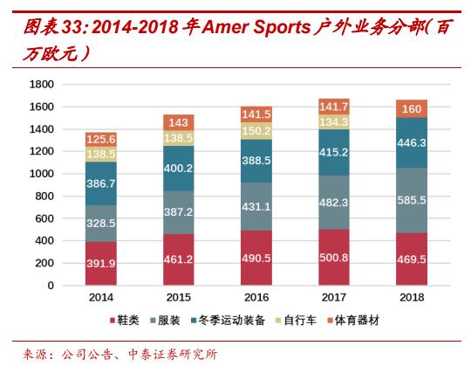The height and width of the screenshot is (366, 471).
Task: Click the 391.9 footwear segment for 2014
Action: click(x=101, y=264)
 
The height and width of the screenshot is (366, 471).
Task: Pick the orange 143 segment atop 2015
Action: click(x=178, y=123)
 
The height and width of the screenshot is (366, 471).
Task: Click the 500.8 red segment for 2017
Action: click(x=333, y=258)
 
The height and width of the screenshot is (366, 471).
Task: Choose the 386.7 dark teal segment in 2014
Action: click(x=101, y=184)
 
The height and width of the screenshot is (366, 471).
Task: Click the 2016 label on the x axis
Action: click(x=256, y=298)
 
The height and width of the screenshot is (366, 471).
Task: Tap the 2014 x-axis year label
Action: click(x=101, y=298)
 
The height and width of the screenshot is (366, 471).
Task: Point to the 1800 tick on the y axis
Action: click(x=42, y=84)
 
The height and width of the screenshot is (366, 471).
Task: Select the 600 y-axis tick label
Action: click(x=44, y=218)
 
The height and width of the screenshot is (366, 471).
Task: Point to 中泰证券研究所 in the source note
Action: click(x=179, y=354)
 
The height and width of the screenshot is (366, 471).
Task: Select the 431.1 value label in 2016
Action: click(x=256, y=206)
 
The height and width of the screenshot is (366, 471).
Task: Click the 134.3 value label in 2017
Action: click(x=333, y=122)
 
